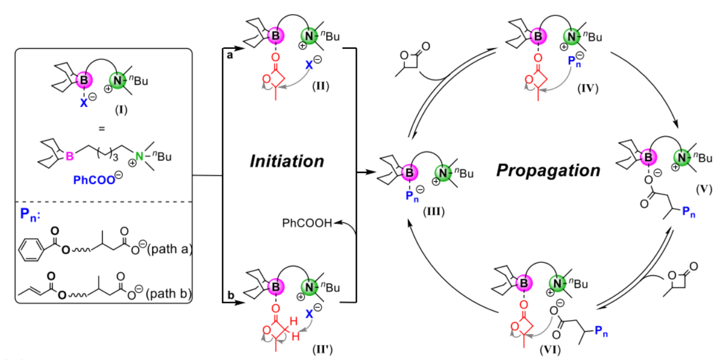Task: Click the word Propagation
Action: click(548, 171)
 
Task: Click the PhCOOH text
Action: click(300, 222)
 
